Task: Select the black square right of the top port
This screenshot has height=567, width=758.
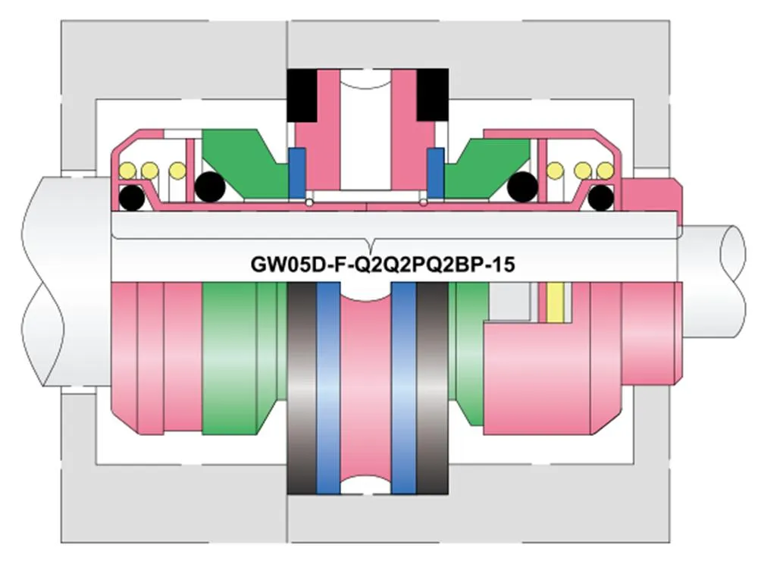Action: point(434,94)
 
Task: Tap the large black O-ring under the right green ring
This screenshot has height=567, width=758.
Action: point(522,186)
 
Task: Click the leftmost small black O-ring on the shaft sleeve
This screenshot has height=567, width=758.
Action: point(133,198)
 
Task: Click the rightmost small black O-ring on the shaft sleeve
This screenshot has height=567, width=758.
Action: point(600,198)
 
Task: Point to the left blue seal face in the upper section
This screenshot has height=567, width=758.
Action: point(297,174)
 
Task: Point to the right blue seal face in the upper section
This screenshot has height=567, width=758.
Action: point(435,174)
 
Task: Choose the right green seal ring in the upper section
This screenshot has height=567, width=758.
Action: point(489,163)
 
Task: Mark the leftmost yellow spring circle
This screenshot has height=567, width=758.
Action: point(127,170)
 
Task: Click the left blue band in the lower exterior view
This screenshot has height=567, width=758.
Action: point(327,387)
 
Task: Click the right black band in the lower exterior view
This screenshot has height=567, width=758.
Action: point(433,387)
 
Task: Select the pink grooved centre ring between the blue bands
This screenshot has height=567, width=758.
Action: point(367,387)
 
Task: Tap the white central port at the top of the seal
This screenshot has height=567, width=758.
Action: point(367,129)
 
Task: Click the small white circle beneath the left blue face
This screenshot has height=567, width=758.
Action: point(310,202)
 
